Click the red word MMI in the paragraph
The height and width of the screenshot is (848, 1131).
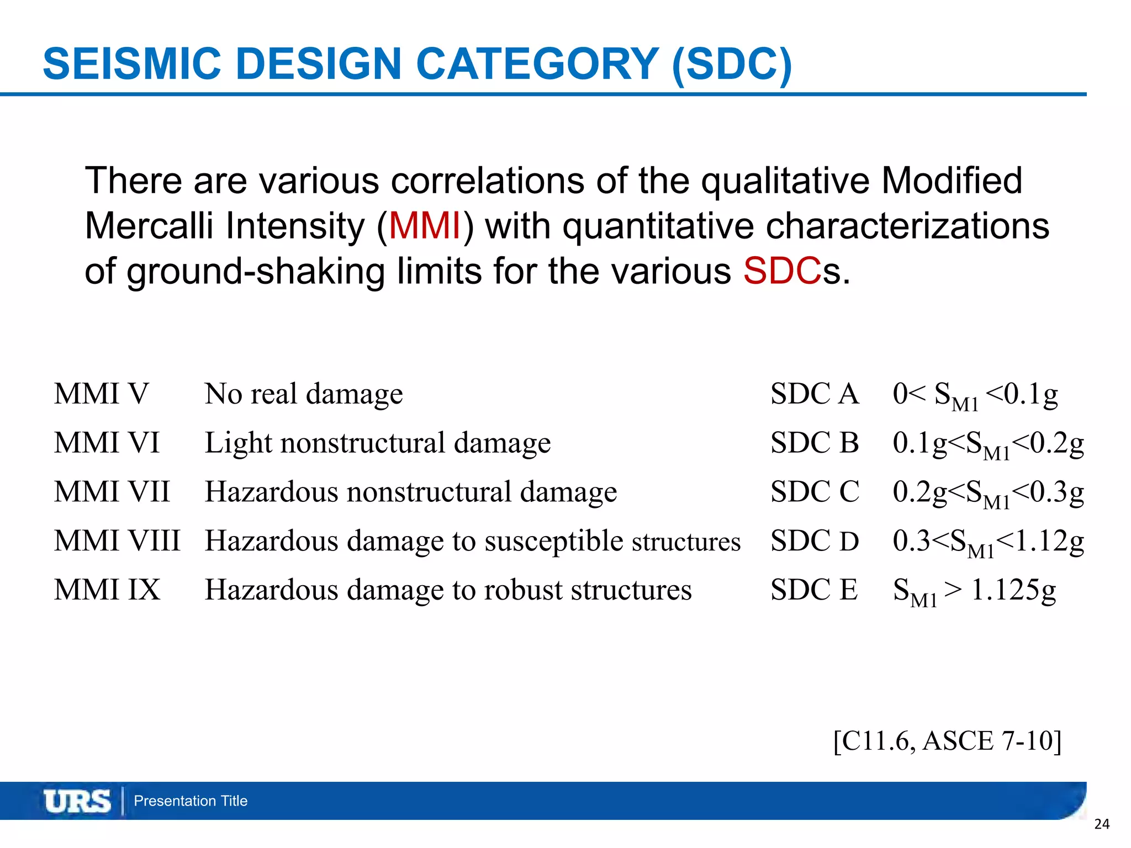[425, 226]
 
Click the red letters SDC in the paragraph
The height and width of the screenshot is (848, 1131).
[782, 272]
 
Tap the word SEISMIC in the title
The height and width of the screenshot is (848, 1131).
[132, 64]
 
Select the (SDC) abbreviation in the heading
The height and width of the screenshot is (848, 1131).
[732, 65]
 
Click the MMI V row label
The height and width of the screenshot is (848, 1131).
[102, 394]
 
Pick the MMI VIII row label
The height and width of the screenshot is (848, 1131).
[117, 541]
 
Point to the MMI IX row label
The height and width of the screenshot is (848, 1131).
[107, 590]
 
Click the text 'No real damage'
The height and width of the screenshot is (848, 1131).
[304, 394]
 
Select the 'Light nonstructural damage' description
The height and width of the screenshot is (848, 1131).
[378, 443]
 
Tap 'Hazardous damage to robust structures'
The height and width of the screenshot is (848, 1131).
[448, 590]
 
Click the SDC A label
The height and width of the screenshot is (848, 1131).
[815, 394]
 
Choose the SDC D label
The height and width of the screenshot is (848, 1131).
[815, 541]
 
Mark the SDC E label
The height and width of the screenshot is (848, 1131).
[814, 590]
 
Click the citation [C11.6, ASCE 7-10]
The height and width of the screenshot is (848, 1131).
[947, 741]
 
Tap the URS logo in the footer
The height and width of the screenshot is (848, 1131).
[77, 801]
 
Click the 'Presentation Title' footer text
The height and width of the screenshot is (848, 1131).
[191, 801]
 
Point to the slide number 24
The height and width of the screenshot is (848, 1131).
[1102, 824]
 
